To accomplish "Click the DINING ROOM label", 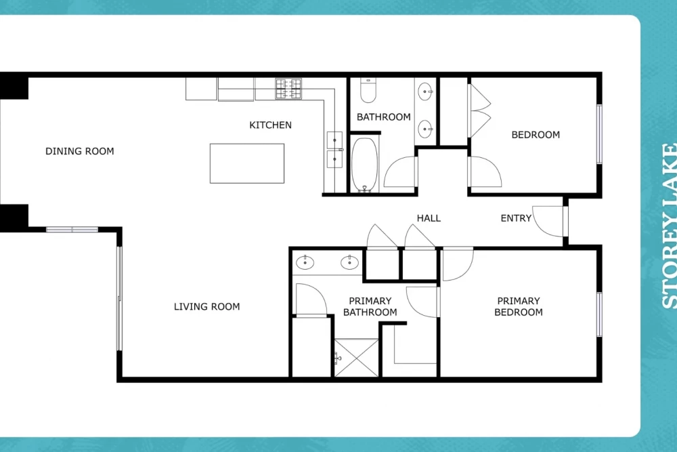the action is [x=80, y=151].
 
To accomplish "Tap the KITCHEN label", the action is [x=270, y=125].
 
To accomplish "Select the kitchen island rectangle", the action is [x=247, y=163].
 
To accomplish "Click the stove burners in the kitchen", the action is [x=288, y=89].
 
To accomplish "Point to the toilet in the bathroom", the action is [x=368, y=90].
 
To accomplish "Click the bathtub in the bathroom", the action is [x=364, y=165].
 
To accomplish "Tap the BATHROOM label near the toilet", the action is [x=383, y=117].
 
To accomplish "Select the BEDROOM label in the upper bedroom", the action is [x=536, y=135].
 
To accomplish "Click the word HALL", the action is [x=429, y=218].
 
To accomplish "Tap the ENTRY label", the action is [x=516, y=218].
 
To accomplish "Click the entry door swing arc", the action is [x=540, y=228].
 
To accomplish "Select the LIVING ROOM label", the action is [x=206, y=307].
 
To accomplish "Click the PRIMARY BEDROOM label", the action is [x=519, y=306].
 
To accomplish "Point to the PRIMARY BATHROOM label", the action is [x=370, y=306].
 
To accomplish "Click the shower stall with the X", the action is [x=357, y=358].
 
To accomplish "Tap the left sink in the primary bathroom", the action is [x=305, y=262].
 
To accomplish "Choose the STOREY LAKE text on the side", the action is [x=669, y=226].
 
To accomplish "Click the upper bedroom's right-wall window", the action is [x=600, y=134].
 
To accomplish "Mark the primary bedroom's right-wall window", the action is [x=600, y=314].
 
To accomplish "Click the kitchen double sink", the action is [x=334, y=150].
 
